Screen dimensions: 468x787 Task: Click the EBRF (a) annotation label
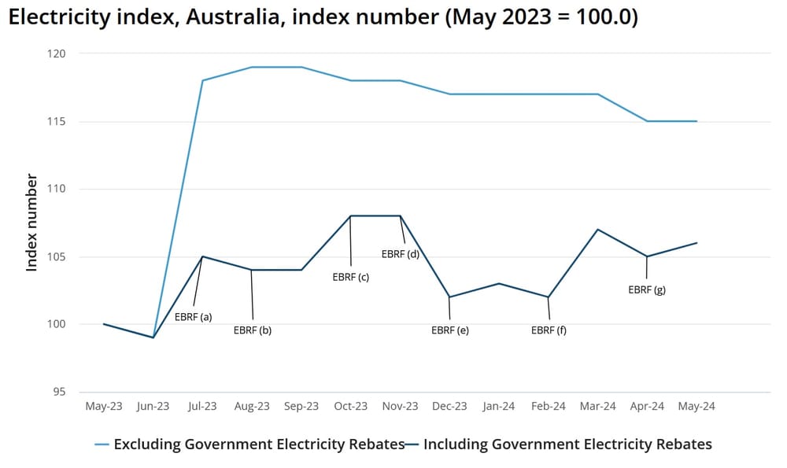(193, 317)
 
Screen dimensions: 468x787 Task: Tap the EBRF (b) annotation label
(253, 330)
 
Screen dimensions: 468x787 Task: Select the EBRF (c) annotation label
(350, 277)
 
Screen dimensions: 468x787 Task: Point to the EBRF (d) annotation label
(401, 254)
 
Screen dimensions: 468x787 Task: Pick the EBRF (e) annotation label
(450, 330)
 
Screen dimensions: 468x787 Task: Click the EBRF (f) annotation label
(549, 330)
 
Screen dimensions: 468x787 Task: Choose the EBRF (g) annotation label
(647, 289)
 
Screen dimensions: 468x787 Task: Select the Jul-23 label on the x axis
(202, 407)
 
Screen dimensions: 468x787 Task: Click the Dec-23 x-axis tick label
(449, 407)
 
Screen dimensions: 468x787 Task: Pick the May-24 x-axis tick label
(696, 407)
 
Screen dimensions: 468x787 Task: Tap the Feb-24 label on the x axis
(549, 407)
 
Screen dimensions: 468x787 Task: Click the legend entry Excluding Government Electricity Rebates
(259, 444)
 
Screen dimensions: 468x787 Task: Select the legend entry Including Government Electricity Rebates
(567, 444)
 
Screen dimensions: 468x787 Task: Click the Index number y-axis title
(32, 223)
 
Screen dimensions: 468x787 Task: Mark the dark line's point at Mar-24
(598, 230)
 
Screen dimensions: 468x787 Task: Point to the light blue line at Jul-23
(202, 80)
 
